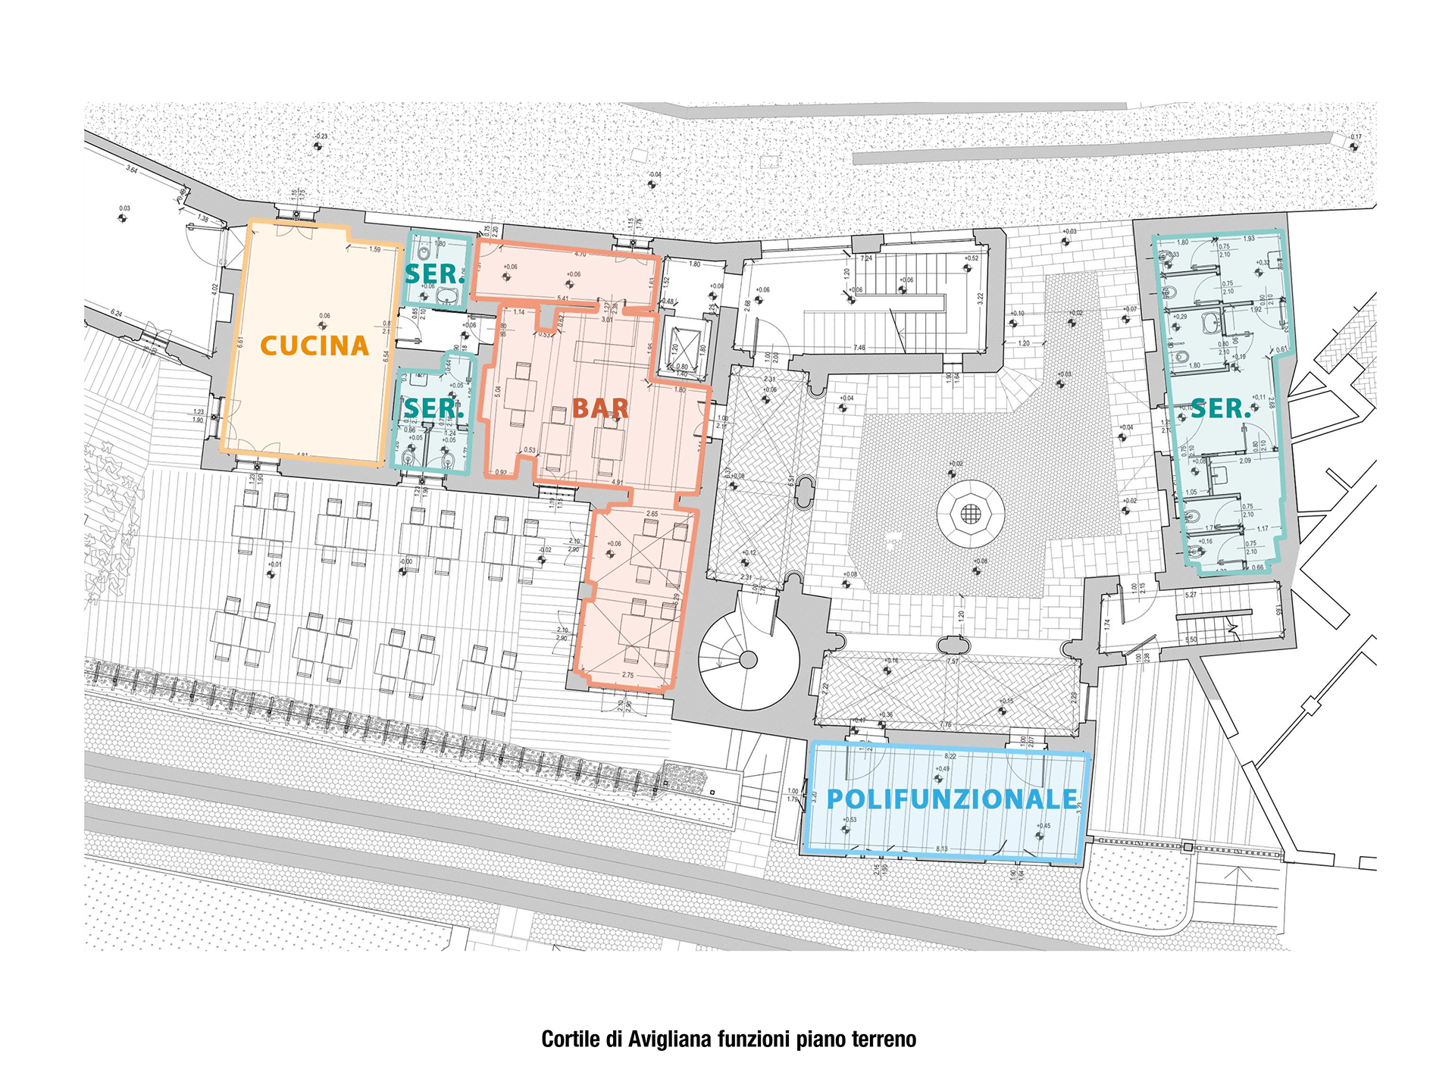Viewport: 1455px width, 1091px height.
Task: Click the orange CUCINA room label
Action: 314,346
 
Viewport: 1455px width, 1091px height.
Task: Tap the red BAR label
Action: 600,408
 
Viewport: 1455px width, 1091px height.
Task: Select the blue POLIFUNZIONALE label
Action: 952,799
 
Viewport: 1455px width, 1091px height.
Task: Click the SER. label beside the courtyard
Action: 1220,409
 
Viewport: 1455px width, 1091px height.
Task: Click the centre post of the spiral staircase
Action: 748,660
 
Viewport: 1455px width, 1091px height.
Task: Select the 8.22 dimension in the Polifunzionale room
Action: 950,756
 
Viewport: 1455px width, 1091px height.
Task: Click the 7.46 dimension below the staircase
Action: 859,348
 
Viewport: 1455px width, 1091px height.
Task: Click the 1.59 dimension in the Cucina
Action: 375,249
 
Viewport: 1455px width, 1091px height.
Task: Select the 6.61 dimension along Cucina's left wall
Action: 239,342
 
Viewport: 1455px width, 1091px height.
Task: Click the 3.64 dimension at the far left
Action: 132,170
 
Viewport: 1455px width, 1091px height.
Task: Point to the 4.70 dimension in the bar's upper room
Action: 580,255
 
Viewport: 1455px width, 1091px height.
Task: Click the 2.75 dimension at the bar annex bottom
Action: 627,675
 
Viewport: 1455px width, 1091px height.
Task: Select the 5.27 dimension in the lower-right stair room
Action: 1191,596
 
